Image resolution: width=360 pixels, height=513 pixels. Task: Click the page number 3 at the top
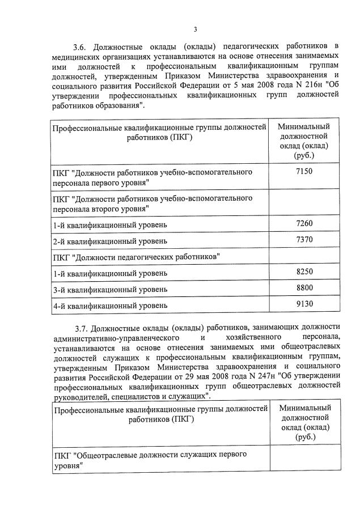coord(196,29)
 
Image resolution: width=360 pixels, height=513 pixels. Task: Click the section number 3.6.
coord(81,45)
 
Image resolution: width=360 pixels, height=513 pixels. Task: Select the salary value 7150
coord(304,171)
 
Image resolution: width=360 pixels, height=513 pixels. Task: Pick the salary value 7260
coord(304,224)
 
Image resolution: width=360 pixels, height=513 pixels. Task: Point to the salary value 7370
coord(304,240)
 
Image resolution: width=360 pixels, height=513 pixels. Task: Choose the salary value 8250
coord(304,272)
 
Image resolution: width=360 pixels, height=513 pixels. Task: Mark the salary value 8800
coord(304,289)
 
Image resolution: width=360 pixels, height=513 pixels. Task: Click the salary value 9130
coord(304,304)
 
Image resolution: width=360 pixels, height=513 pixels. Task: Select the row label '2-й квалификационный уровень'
coord(110,241)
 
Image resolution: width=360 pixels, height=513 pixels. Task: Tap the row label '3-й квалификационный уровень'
coord(110,290)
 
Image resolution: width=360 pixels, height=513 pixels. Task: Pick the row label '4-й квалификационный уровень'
coord(110,306)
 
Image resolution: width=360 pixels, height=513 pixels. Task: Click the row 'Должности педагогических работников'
coord(136,257)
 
